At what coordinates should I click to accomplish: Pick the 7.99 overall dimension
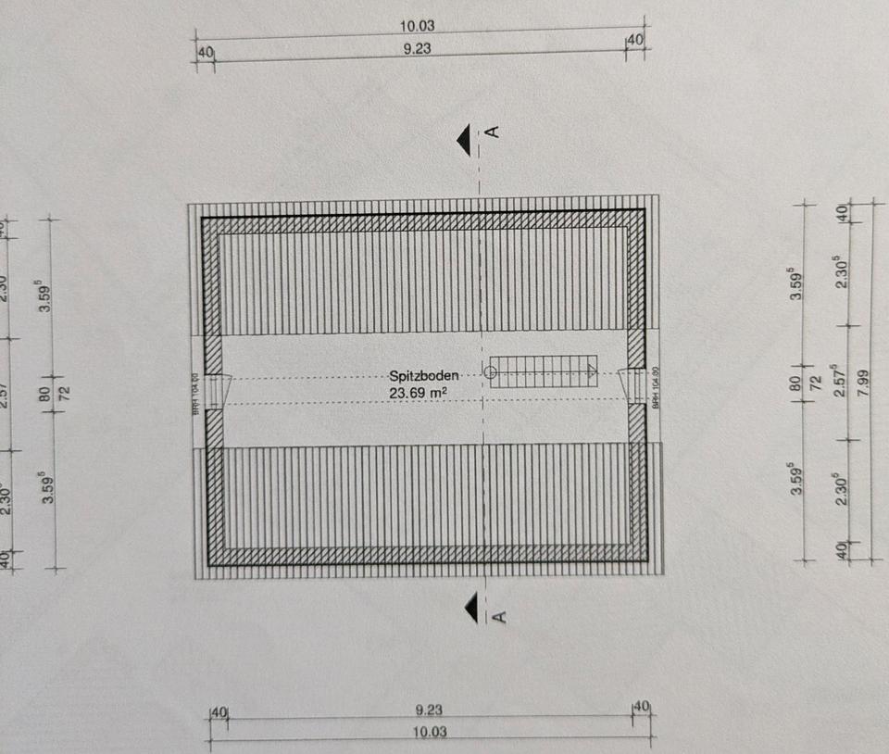[864, 382]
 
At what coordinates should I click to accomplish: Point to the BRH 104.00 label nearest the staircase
[655, 387]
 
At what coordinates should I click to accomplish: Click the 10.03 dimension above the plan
[419, 27]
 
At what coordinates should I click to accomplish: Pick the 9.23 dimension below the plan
[429, 710]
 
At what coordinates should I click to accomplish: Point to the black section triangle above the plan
[466, 139]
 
